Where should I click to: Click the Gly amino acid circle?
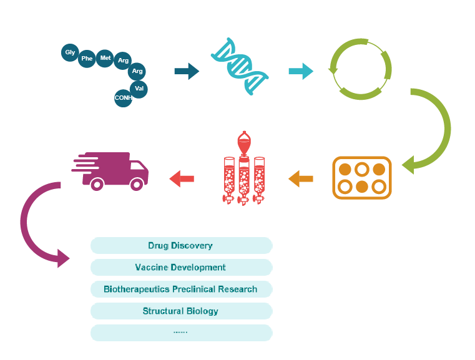tap(70, 52)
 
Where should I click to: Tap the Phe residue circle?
tap(87, 59)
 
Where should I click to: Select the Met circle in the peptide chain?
tap(105, 58)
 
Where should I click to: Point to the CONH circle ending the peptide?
tap(123, 98)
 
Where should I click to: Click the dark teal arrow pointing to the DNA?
tap(186, 71)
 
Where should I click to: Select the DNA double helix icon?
tap(241, 67)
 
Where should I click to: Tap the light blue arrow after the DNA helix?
tap(301, 71)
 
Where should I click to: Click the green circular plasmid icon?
tap(360, 69)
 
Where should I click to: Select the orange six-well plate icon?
tap(361, 178)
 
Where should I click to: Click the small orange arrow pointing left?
tap(301, 179)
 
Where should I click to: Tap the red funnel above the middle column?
tap(243, 143)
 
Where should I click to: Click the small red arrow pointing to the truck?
tap(182, 179)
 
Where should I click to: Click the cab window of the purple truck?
tap(139, 167)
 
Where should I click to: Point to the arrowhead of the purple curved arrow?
tap(62, 258)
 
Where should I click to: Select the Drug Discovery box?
tap(181, 245)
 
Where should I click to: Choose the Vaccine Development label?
tap(181, 267)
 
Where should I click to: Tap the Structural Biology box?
tap(181, 311)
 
